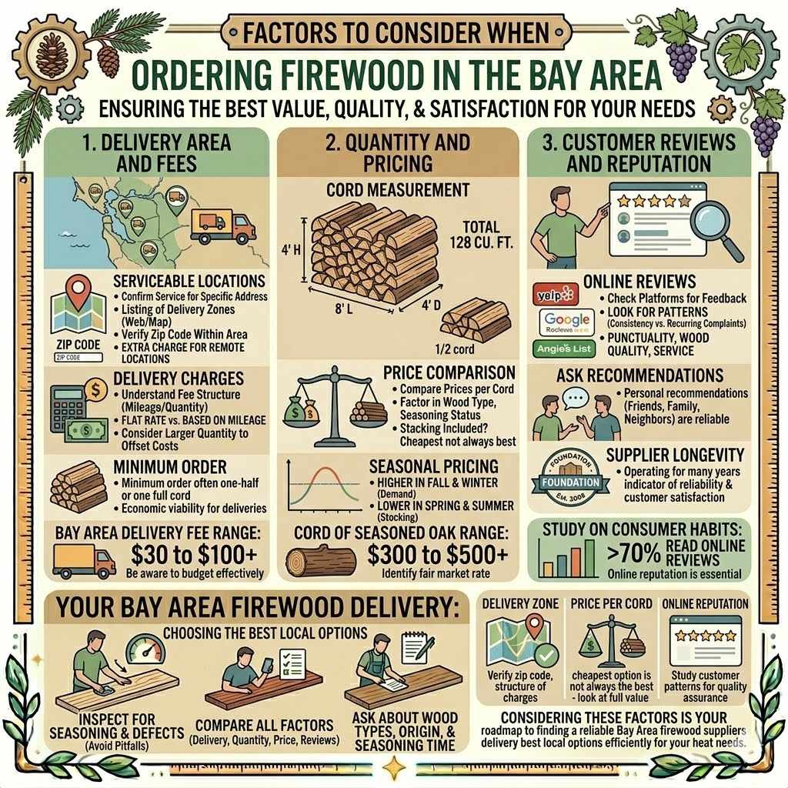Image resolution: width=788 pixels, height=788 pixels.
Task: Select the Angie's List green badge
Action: point(564,349)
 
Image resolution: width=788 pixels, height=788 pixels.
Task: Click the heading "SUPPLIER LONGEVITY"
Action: point(675,456)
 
